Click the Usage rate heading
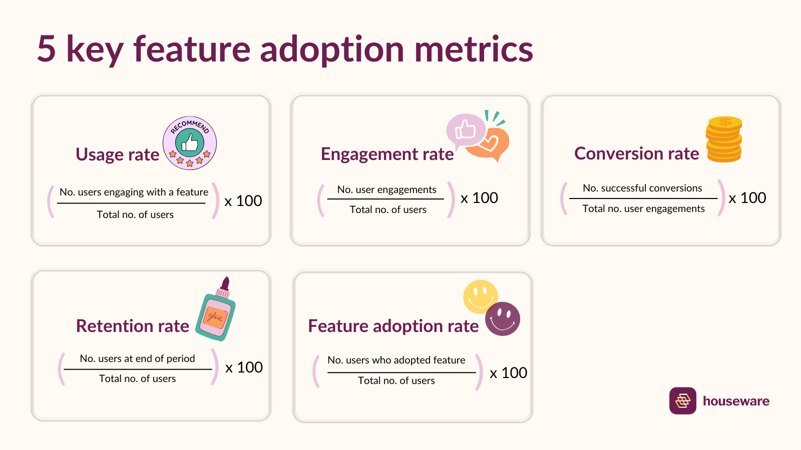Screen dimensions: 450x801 pos(117,154)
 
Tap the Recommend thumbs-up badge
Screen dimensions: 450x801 pos(190,143)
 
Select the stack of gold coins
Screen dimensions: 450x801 pos(724,139)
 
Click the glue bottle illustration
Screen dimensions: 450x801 pos(216,312)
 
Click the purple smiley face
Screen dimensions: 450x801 pos(503,319)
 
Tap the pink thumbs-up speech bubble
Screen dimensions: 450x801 pos(465,129)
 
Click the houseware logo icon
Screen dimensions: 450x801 pos(682,400)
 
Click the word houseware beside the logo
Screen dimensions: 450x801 pos(736,401)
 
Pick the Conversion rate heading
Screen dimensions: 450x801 pos(636,153)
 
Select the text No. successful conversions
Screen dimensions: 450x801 pos(642,188)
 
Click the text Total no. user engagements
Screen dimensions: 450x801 pos(643,208)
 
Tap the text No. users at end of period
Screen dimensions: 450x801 pos(137,358)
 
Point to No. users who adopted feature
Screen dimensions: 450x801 pos(396,360)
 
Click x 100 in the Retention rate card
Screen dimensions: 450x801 pos(244,367)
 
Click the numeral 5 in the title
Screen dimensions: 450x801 pos(47,49)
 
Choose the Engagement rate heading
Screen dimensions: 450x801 pos(387,154)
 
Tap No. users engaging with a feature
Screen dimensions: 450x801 pos(134,192)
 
